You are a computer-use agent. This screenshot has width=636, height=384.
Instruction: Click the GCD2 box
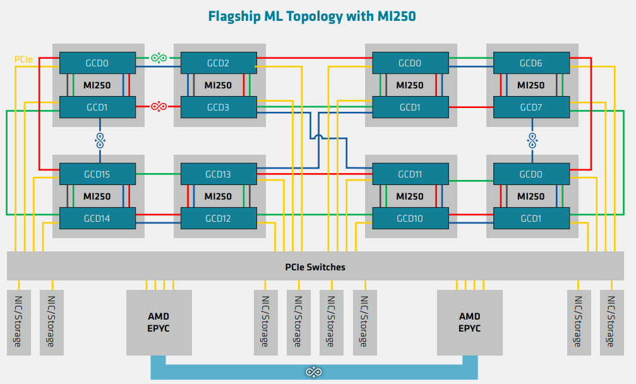pyautogui.click(x=219, y=63)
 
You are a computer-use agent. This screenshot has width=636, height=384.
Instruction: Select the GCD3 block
pyautogui.click(x=219, y=107)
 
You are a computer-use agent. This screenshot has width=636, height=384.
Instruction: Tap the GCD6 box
pyautogui.click(x=531, y=63)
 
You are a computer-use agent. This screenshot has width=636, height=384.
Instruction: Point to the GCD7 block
pyautogui.click(x=531, y=107)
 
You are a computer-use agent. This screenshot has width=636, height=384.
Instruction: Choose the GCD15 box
pyautogui.click(x=97, y=174)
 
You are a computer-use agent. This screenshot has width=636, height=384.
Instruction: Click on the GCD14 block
pyautogui.click(x=97, y=219)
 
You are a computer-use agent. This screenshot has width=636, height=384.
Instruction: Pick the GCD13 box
pyautogui.click(x=219, y=174)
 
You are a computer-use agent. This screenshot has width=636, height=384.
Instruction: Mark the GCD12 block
pyautogui.click(x=219, y=219)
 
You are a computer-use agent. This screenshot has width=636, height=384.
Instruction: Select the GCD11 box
pyautogui.click(x=410, y=174)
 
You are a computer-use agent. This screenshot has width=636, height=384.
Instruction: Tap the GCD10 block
pyautogui.click(x=410, y=219)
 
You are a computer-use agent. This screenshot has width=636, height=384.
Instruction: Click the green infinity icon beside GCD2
pyautogui.click(x=159, y=58)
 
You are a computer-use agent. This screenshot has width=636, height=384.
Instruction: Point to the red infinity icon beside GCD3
pyautogui.click(x=159, y=106)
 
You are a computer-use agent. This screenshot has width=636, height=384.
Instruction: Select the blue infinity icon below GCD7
pyautogui.click(x=532, y=140)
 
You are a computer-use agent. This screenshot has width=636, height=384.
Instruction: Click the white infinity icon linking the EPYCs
pyautogui.click(x=313, y=372)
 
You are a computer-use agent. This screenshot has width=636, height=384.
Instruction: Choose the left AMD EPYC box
pyautogui.click(x=159, y=322)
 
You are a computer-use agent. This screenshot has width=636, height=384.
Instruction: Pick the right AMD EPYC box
pyautogui.click(x=469, y=322)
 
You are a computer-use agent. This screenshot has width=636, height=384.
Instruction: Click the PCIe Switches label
pyautogui.click(x=315, y=267)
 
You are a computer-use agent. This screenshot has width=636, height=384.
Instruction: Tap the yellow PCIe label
pyautogui.click(x=24, y=59)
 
